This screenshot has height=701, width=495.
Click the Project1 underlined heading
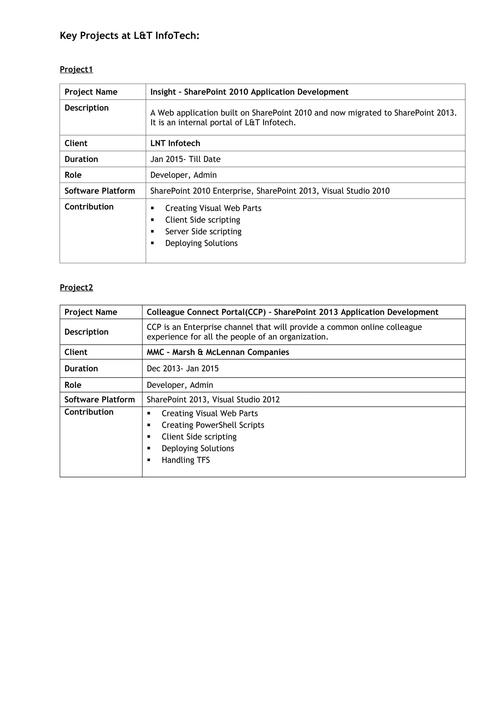pos(76,69)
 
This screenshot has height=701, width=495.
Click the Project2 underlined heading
pos(76,287)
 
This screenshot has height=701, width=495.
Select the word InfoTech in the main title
pos(177,36)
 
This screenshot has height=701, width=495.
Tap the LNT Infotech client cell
pos(175,143)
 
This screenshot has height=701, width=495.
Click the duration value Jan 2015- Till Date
pos(185,159)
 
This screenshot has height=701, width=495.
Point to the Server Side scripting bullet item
pos(203,231)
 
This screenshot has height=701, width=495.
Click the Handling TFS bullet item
pos(185,460)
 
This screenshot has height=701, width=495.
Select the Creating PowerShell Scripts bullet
pos(213,425)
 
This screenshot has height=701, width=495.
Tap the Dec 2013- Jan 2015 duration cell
pos(183,368)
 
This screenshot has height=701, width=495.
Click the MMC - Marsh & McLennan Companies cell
pos(218,352)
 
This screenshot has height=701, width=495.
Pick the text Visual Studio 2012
pos(246,400)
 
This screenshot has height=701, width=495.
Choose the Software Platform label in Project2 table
pos(99,400)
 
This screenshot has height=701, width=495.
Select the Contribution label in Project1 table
pos(89,207)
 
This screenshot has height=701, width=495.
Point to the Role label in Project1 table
pos(73,175)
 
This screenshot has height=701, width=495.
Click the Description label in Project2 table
pos(86,332)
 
